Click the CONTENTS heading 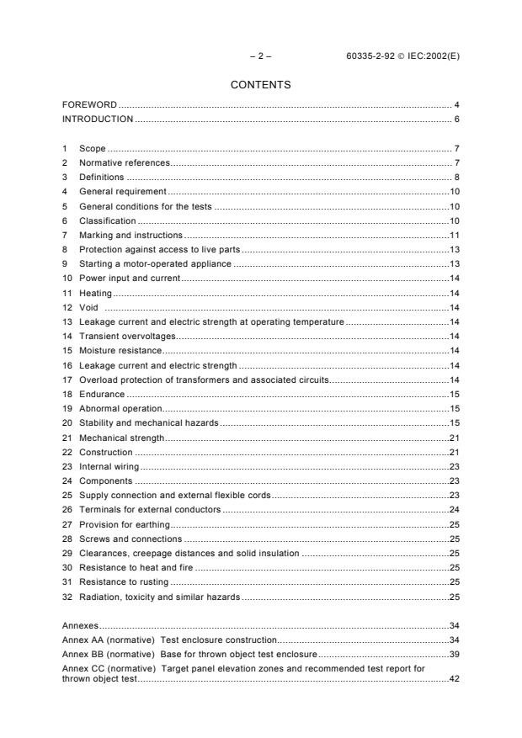point(260,85)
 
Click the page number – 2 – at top point(260,56)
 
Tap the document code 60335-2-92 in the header point(373,56)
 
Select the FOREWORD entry point(89,105)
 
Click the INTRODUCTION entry point(98,119)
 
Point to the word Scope point(92,148)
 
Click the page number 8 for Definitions point(455,178)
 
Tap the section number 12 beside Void point(67,307)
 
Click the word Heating point(95,293)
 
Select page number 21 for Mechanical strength point(453,438)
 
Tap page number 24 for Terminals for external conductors point(453,509)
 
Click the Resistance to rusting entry point(124,581)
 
